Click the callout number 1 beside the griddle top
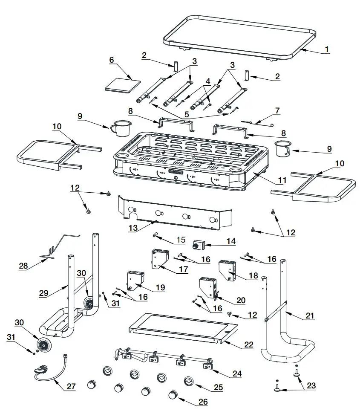click(x=327, y=49)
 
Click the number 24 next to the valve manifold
click(x=236, y=373)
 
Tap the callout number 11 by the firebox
click(x=282, y=180)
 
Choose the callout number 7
click(x=277, y=110)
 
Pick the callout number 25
click(x=218, y=388)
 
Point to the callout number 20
click(x=241, y=301)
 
